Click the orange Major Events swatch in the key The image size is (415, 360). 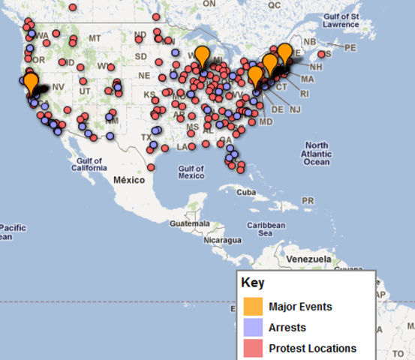(x=251, y=307)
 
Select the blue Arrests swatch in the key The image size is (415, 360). (x=251, y=328)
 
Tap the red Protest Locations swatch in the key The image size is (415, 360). (x=251, y=348)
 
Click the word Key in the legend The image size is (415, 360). (x=252, y=283)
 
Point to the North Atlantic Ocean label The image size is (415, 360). (x=317, y=153)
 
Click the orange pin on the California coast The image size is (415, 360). (x=31, y=81)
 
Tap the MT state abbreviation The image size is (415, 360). (x=95, y=38)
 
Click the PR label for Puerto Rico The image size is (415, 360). (x=306, y=201)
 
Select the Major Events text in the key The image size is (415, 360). (x=300, y=307)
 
